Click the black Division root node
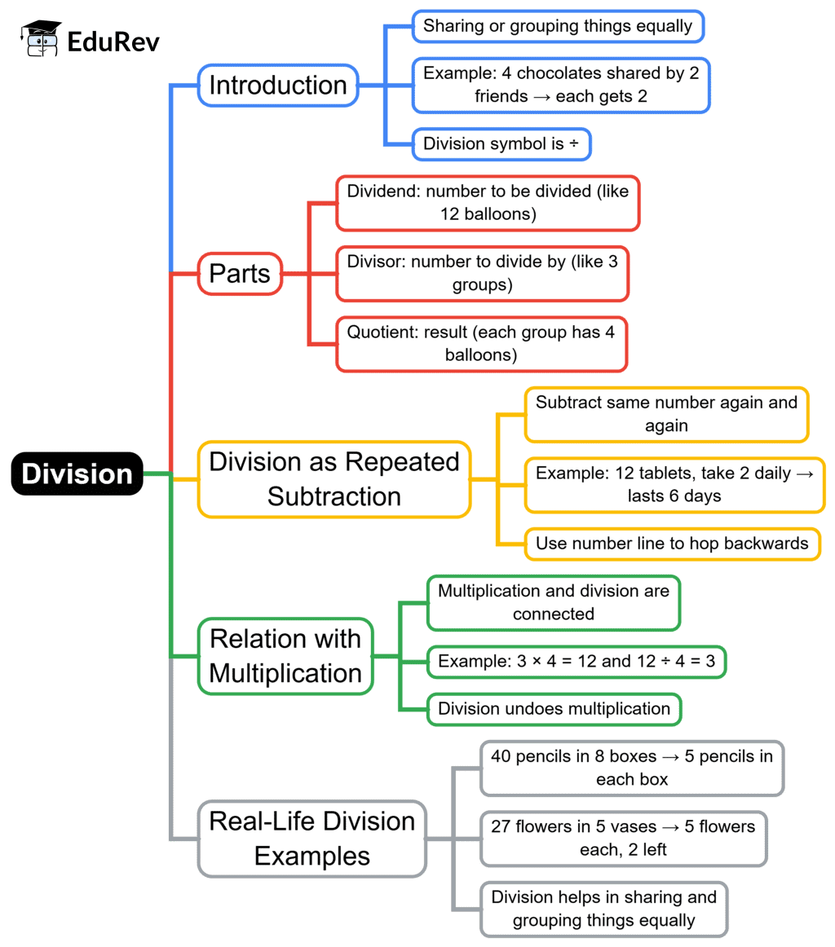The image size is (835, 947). (x=77, y=473)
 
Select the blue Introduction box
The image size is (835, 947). (x=278, y=85)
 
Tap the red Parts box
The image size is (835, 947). (x=240, y=274)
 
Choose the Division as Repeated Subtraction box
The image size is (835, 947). (x=334, y=479)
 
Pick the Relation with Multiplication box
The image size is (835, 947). (x=285, y=656)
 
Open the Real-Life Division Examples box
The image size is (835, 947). (x=311, y=838)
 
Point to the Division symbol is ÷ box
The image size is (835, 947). (x=501, y=145)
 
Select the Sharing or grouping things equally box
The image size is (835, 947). (x=557, y=26)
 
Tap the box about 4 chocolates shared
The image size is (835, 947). (x=561, y=85)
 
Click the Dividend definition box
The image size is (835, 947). (x=487, y=203)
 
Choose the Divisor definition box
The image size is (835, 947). (x=482, y=274)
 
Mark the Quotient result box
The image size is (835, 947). (x=481, y=344)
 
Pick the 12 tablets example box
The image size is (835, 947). (x=674, y=483)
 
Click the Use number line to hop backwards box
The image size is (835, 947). (x=671, y=544)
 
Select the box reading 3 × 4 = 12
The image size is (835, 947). (x=577, y=661)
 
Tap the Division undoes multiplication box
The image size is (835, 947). (x=554, y=708)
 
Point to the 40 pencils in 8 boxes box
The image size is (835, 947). (x=631, y=767)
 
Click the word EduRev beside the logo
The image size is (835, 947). (x=113, y=41)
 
